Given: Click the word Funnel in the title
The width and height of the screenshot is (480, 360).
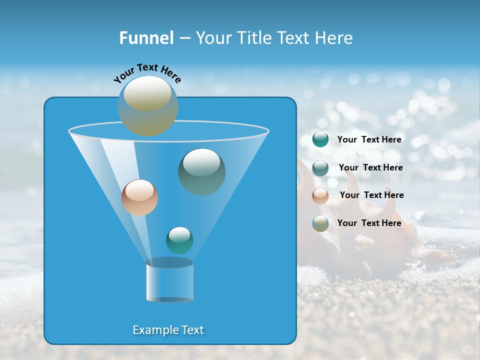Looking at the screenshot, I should click(146, 38).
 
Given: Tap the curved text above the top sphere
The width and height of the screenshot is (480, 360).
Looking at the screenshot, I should click(147, 73).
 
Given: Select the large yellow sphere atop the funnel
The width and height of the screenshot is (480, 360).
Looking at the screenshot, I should click(147, 105).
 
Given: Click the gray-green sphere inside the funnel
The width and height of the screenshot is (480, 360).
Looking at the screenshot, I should click(201, 172).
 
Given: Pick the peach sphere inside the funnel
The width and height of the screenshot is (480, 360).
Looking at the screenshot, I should click(139, 197).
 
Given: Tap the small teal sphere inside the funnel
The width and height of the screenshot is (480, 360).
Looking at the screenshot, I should click(179, 240).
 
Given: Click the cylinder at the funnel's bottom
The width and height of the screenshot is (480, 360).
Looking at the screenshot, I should click(169, 281).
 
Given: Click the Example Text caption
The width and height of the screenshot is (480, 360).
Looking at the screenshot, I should click(168, 330).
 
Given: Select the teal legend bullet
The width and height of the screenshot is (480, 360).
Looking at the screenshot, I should click(320, 139).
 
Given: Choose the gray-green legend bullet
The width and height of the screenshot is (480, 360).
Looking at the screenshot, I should click(320, 167).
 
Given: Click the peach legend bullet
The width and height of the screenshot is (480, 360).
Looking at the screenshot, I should click(320, 195).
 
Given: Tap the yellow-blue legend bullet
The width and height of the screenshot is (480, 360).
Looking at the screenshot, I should click(320, 223).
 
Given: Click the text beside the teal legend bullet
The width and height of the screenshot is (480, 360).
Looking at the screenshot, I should click(369, 140).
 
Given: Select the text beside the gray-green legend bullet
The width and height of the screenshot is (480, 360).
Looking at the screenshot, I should click(370, 168).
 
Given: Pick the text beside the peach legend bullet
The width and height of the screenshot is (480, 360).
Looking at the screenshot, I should click(371, 195).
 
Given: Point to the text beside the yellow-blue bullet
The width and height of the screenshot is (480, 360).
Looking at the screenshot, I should click(369, 223).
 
